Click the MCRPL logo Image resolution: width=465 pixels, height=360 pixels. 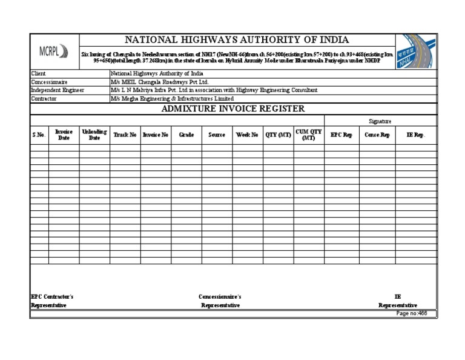tap(54, 52)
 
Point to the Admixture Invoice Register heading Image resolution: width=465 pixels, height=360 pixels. tap(232, 108)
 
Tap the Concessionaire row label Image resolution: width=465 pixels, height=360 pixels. tap(49, 81)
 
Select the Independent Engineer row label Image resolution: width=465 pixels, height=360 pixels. tap(58, 90)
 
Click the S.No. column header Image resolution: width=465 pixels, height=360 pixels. tap(39, 135)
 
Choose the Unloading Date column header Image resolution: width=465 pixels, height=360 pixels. tap(94, 135)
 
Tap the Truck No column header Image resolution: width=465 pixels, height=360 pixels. tap(125, 135)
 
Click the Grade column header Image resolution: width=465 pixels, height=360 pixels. tap(186, 135)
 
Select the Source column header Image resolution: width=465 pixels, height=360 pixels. tap(217, 135)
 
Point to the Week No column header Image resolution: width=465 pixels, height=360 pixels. tap(247, 135)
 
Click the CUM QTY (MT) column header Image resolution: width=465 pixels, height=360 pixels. tap(309, 135)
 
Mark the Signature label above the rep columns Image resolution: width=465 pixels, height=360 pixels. tap(380, 121)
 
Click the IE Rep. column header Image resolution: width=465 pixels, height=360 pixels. tap(415, 135)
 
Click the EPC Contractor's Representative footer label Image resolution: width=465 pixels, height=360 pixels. tap(52, 301)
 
